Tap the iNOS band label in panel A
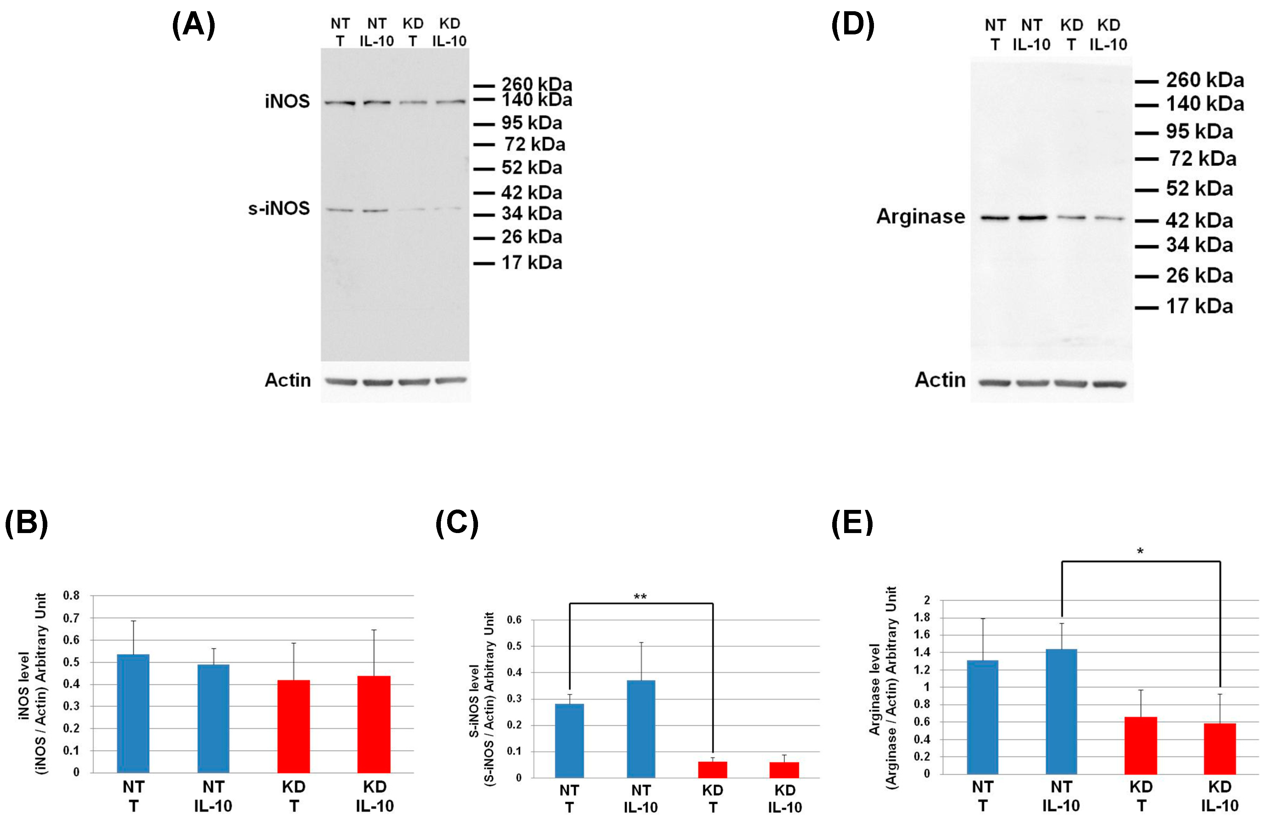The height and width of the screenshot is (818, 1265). (x=287, y=101)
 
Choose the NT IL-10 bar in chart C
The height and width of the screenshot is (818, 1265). (x=641, y=729)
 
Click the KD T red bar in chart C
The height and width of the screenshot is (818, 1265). (x=712, y=769)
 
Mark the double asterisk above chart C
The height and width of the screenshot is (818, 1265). (x=640, y=597)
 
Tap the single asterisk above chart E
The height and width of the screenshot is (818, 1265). (x=1140, y=551)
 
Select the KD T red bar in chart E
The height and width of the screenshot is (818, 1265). (x=1141, y=745)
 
